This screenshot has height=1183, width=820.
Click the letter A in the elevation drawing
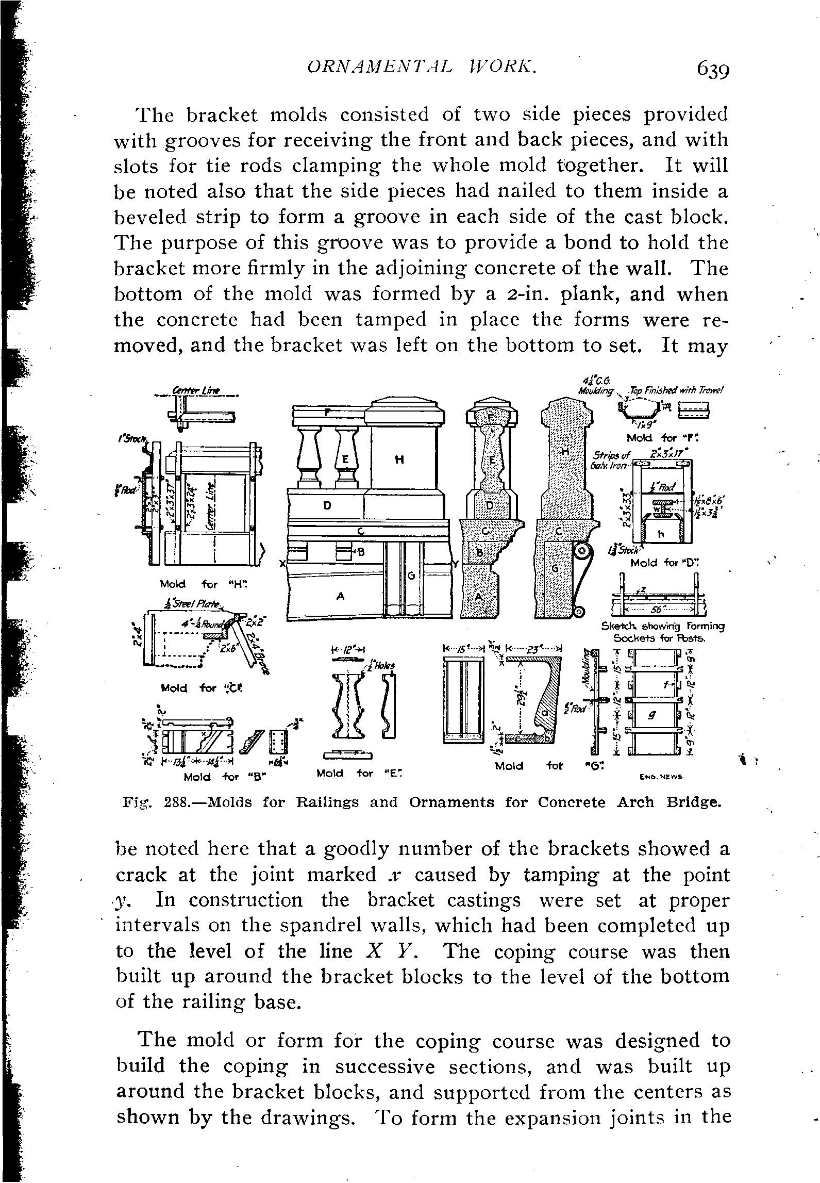(x=340, y=596)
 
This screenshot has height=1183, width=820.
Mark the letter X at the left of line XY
(x=282, y=564)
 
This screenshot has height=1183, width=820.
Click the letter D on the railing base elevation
(x=327, y=506)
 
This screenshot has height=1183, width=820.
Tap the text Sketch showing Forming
(x=663, y=627)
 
